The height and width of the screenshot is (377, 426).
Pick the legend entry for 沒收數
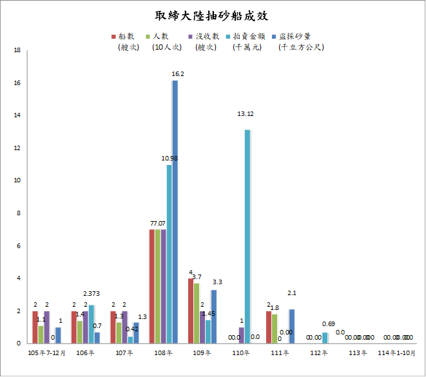click(202, 36)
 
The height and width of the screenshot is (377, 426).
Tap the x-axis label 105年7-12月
click(46, 353)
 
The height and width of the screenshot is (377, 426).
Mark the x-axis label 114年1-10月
click(394, 353)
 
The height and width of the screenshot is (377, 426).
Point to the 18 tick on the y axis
click(19, 50)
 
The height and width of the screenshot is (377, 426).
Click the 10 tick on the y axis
click(19, 181)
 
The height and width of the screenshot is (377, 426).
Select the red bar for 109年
click(191, 311)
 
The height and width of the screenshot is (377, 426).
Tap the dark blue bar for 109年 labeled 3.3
click(214, 316)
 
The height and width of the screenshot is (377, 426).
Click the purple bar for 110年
click(241, 335)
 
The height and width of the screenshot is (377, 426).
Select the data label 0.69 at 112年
click(328, 324)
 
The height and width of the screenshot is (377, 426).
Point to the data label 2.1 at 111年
click(291, 294)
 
